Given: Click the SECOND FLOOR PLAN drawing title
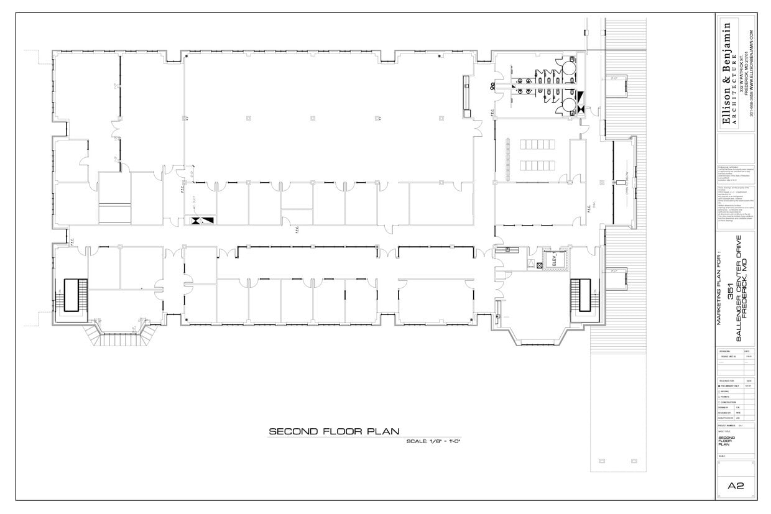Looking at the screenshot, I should [x=333, y=431].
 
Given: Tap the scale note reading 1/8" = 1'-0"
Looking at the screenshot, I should [x=432, y=441].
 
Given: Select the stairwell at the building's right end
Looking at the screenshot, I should [x=579, y=296].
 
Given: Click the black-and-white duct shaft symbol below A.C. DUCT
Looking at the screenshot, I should [x=203, y=221].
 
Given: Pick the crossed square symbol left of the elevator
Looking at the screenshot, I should [x=540, y=265].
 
